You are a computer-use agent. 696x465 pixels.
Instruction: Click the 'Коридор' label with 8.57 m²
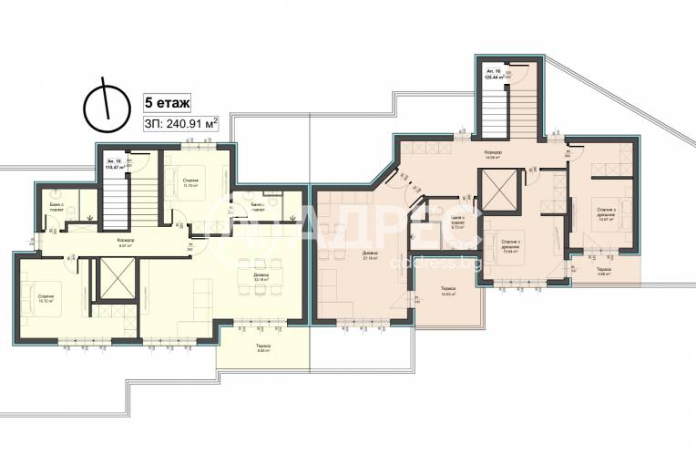tap(126, 243)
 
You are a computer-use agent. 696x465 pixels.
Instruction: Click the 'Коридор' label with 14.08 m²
tap(493, 154)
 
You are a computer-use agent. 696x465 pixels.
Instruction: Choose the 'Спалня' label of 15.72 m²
tap(46, 300)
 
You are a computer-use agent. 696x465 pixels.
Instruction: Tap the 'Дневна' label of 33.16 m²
tap(261, 278)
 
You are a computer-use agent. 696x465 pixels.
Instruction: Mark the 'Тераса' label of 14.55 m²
tap(446, 291)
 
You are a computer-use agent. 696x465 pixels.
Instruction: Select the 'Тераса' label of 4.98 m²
tap(603, 273)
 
